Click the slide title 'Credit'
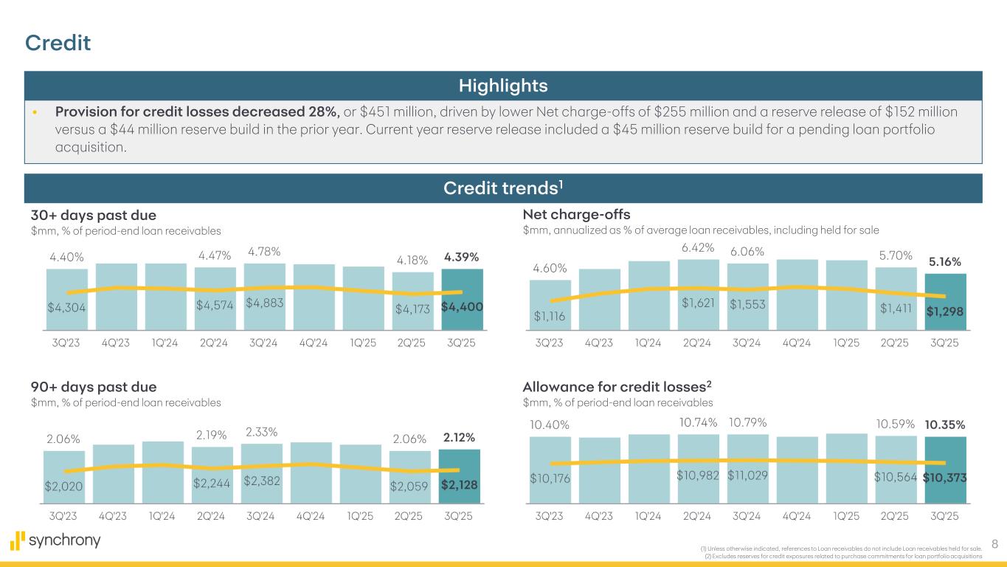58,44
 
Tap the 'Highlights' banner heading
503,86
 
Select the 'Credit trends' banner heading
503,188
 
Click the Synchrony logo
55,540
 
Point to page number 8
994,545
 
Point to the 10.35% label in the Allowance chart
945,425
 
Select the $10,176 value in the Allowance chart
550,478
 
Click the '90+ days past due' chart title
93,387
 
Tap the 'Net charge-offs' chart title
576,214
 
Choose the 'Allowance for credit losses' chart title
616,386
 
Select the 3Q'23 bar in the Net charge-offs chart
550,303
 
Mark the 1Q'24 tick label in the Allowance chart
648,516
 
